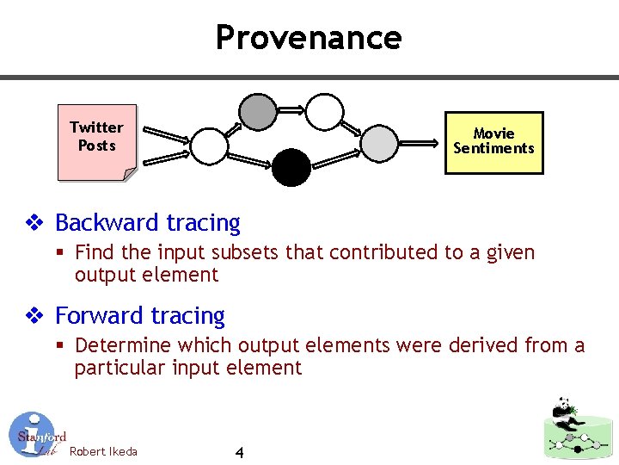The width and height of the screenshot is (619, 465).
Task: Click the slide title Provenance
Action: [309, 37]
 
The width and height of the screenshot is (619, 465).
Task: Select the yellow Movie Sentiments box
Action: [493, 141]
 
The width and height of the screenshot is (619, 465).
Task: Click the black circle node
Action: [291, 167]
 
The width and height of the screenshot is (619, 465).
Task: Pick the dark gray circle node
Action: [257, 111]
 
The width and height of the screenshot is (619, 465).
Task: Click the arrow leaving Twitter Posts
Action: [167, 135]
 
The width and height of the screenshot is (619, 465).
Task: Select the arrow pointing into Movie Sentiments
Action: [420, 143]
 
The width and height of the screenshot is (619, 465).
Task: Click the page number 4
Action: [239, 453]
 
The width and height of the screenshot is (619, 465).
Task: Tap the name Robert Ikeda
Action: [103, 451]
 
